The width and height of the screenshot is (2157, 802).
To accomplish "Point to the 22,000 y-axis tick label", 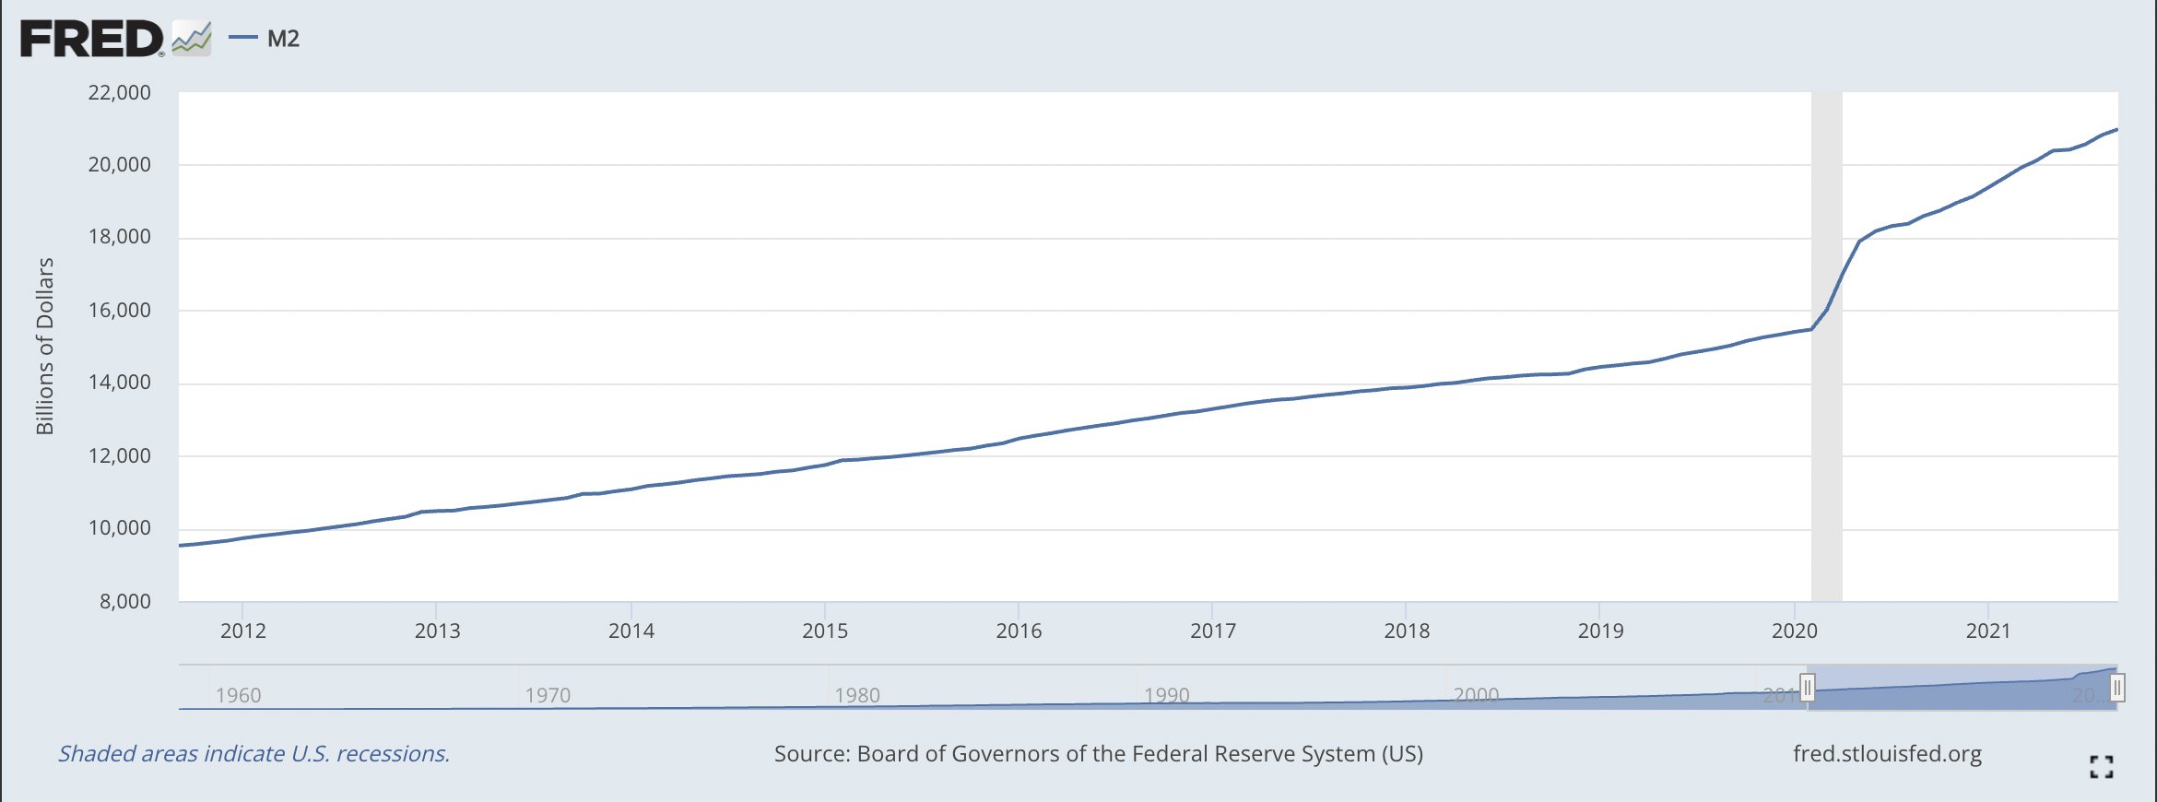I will [x=119, y=92].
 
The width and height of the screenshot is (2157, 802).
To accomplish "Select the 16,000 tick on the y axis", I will [x=119, y=310].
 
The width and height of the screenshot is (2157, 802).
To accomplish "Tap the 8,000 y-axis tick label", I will [x=124, y=601].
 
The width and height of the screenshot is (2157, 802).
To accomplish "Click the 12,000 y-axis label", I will [x=119, y=455].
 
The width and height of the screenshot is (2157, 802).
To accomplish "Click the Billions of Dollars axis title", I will [x=44, y=346].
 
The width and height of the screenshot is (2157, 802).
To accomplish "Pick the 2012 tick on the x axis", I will [x=242, y=631].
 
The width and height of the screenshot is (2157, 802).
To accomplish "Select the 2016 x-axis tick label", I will [x=1019, y=631].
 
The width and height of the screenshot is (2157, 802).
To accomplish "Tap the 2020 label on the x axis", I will [x=1794, y=631].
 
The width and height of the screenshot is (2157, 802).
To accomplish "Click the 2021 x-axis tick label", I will [x=1988, y=631].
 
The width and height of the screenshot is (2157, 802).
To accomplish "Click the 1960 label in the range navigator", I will [x=238, y=695].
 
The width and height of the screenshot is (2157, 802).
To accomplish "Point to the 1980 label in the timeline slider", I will [x=857, y=695].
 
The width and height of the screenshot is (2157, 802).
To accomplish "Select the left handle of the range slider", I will [x=1808, y=688].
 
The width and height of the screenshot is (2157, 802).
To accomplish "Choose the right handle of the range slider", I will [x=2117, y=688].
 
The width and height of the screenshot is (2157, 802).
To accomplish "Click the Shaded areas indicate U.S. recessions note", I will [x=253, y=754].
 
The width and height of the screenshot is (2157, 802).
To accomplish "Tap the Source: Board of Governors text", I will [x=1098, y=754].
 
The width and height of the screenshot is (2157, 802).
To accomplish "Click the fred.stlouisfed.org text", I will [x=1887, y=754].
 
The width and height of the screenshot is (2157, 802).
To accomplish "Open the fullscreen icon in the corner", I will [x=2102, y=766].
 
